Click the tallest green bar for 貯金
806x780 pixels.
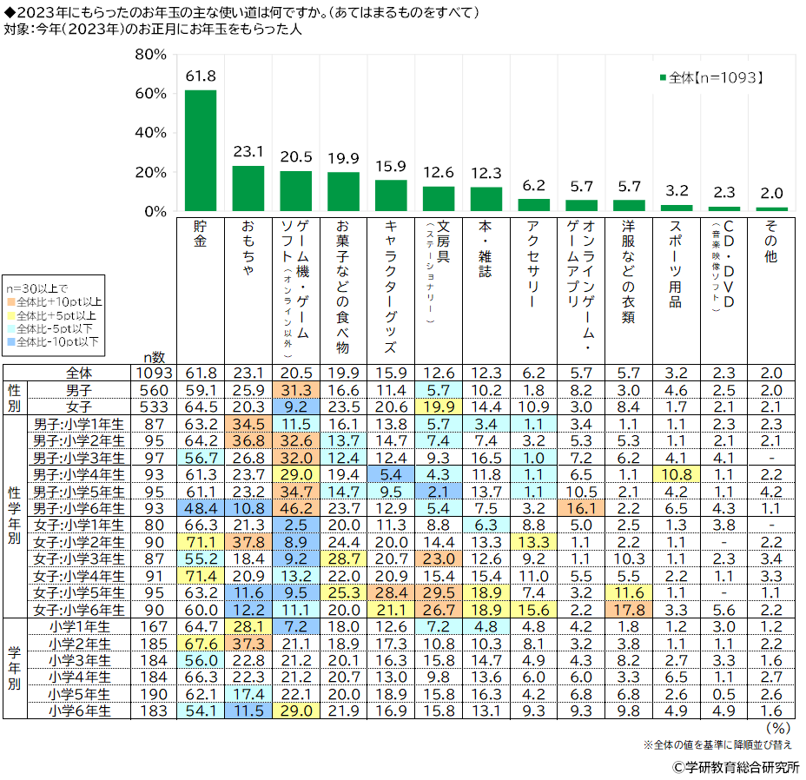201,150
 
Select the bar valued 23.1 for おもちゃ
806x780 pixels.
248,188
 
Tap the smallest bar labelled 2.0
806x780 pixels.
772,209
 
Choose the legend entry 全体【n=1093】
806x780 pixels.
711,77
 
